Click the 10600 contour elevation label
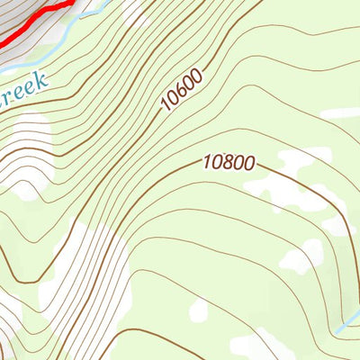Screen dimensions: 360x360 pyautogui.click(x=183, y=91)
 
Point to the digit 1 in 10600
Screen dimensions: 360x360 pyautogui.click(x=166, y=107)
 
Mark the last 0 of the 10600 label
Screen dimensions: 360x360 pyautogui.click(x=198, y=76)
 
